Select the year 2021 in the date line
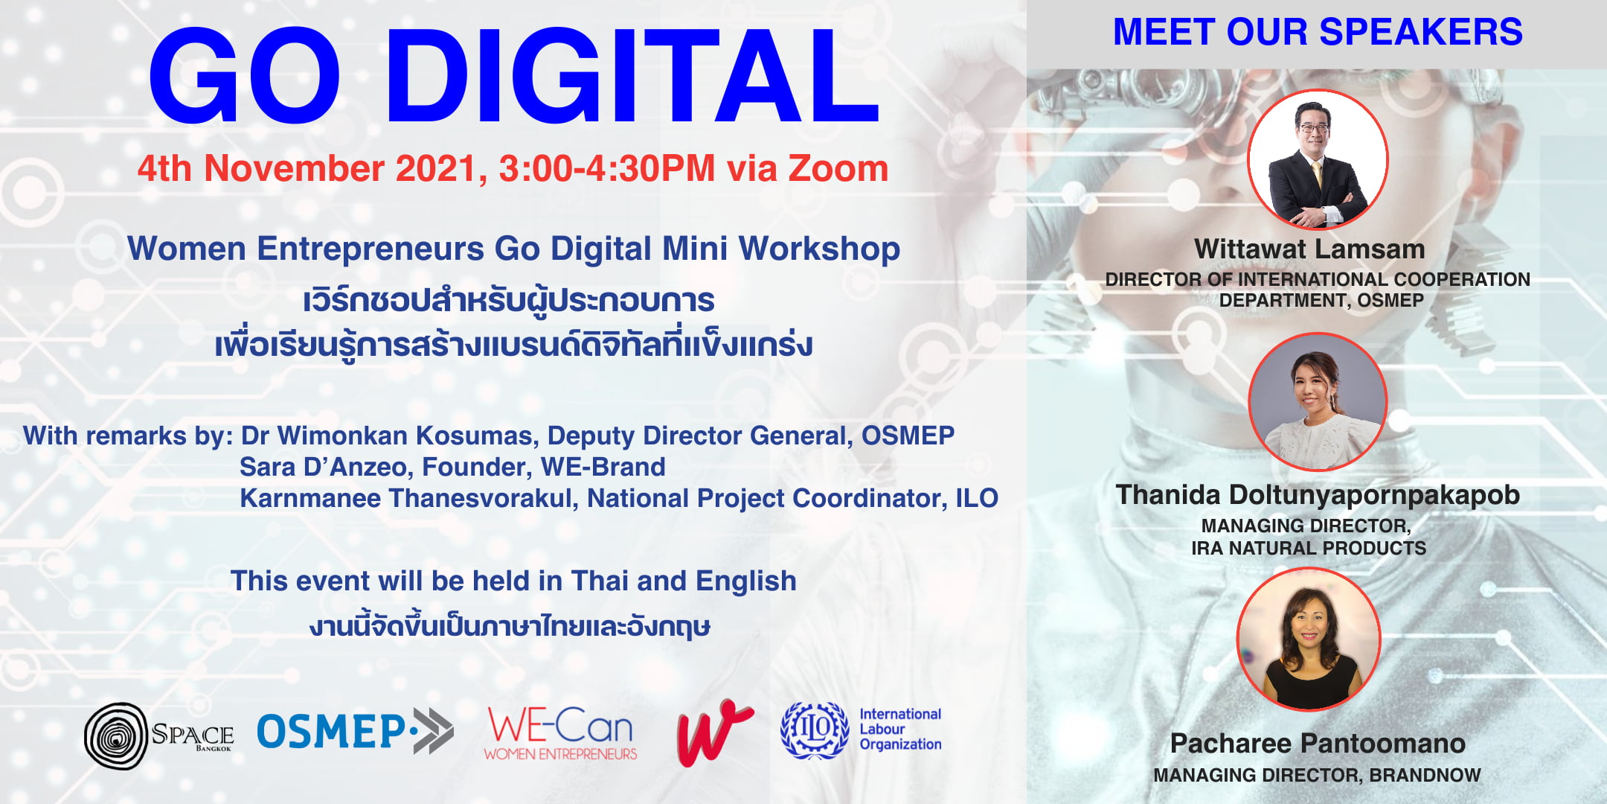click(x=437, y=168)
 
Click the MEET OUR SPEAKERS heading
click(x=1318, y=32)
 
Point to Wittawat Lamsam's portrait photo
click(x=1318, y=159)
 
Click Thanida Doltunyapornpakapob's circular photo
click(x=1318, y=401)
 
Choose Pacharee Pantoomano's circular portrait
click(x=1309, y=639)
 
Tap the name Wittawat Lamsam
click(x=1309, y=249)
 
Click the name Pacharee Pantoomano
click(x=1318, y=743)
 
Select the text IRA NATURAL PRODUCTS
click(x=1309, y=549)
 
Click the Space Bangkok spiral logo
click(x=116, y=736)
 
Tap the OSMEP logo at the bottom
click(x=355, y=730)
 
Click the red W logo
click(x=714, y=733)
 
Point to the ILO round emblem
click(x=815, y=730)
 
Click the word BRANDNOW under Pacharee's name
click(x=1425, y=775)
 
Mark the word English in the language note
click(x=746, y=581)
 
